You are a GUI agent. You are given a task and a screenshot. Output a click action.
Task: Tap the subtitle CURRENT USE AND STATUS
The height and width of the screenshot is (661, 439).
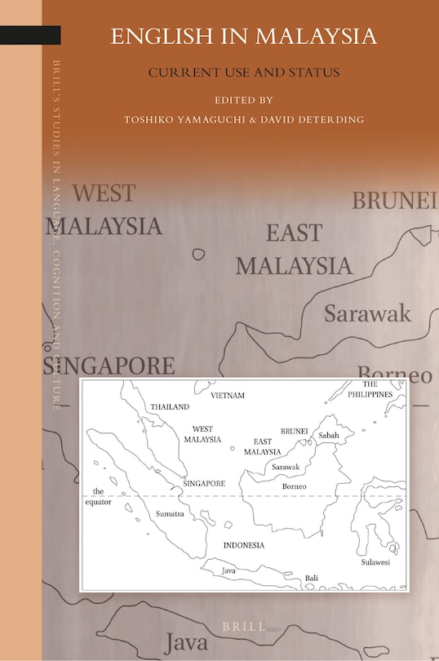(243, 73)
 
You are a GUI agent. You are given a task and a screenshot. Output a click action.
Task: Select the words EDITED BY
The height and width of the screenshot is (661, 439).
(243, 100)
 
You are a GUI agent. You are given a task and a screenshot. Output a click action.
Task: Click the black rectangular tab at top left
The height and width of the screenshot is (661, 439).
(30, 35)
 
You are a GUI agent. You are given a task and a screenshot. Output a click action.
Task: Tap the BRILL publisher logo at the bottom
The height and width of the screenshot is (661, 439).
(245, 626)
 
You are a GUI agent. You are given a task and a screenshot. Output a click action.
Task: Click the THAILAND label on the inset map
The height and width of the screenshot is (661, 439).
(170, 406)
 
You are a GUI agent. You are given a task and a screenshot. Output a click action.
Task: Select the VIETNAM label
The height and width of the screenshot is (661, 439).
(228, 396)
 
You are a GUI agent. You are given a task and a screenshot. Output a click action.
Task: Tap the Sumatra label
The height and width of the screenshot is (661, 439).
(169, 514)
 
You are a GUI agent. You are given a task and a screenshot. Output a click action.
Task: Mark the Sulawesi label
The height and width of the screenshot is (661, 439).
(376, 562)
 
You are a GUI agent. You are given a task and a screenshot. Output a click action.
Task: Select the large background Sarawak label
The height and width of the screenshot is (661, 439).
(367, 313)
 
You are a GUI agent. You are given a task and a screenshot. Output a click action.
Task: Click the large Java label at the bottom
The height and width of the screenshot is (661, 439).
(186, 642)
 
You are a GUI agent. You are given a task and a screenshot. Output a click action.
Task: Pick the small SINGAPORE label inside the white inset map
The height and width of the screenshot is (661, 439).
(204, 483)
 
